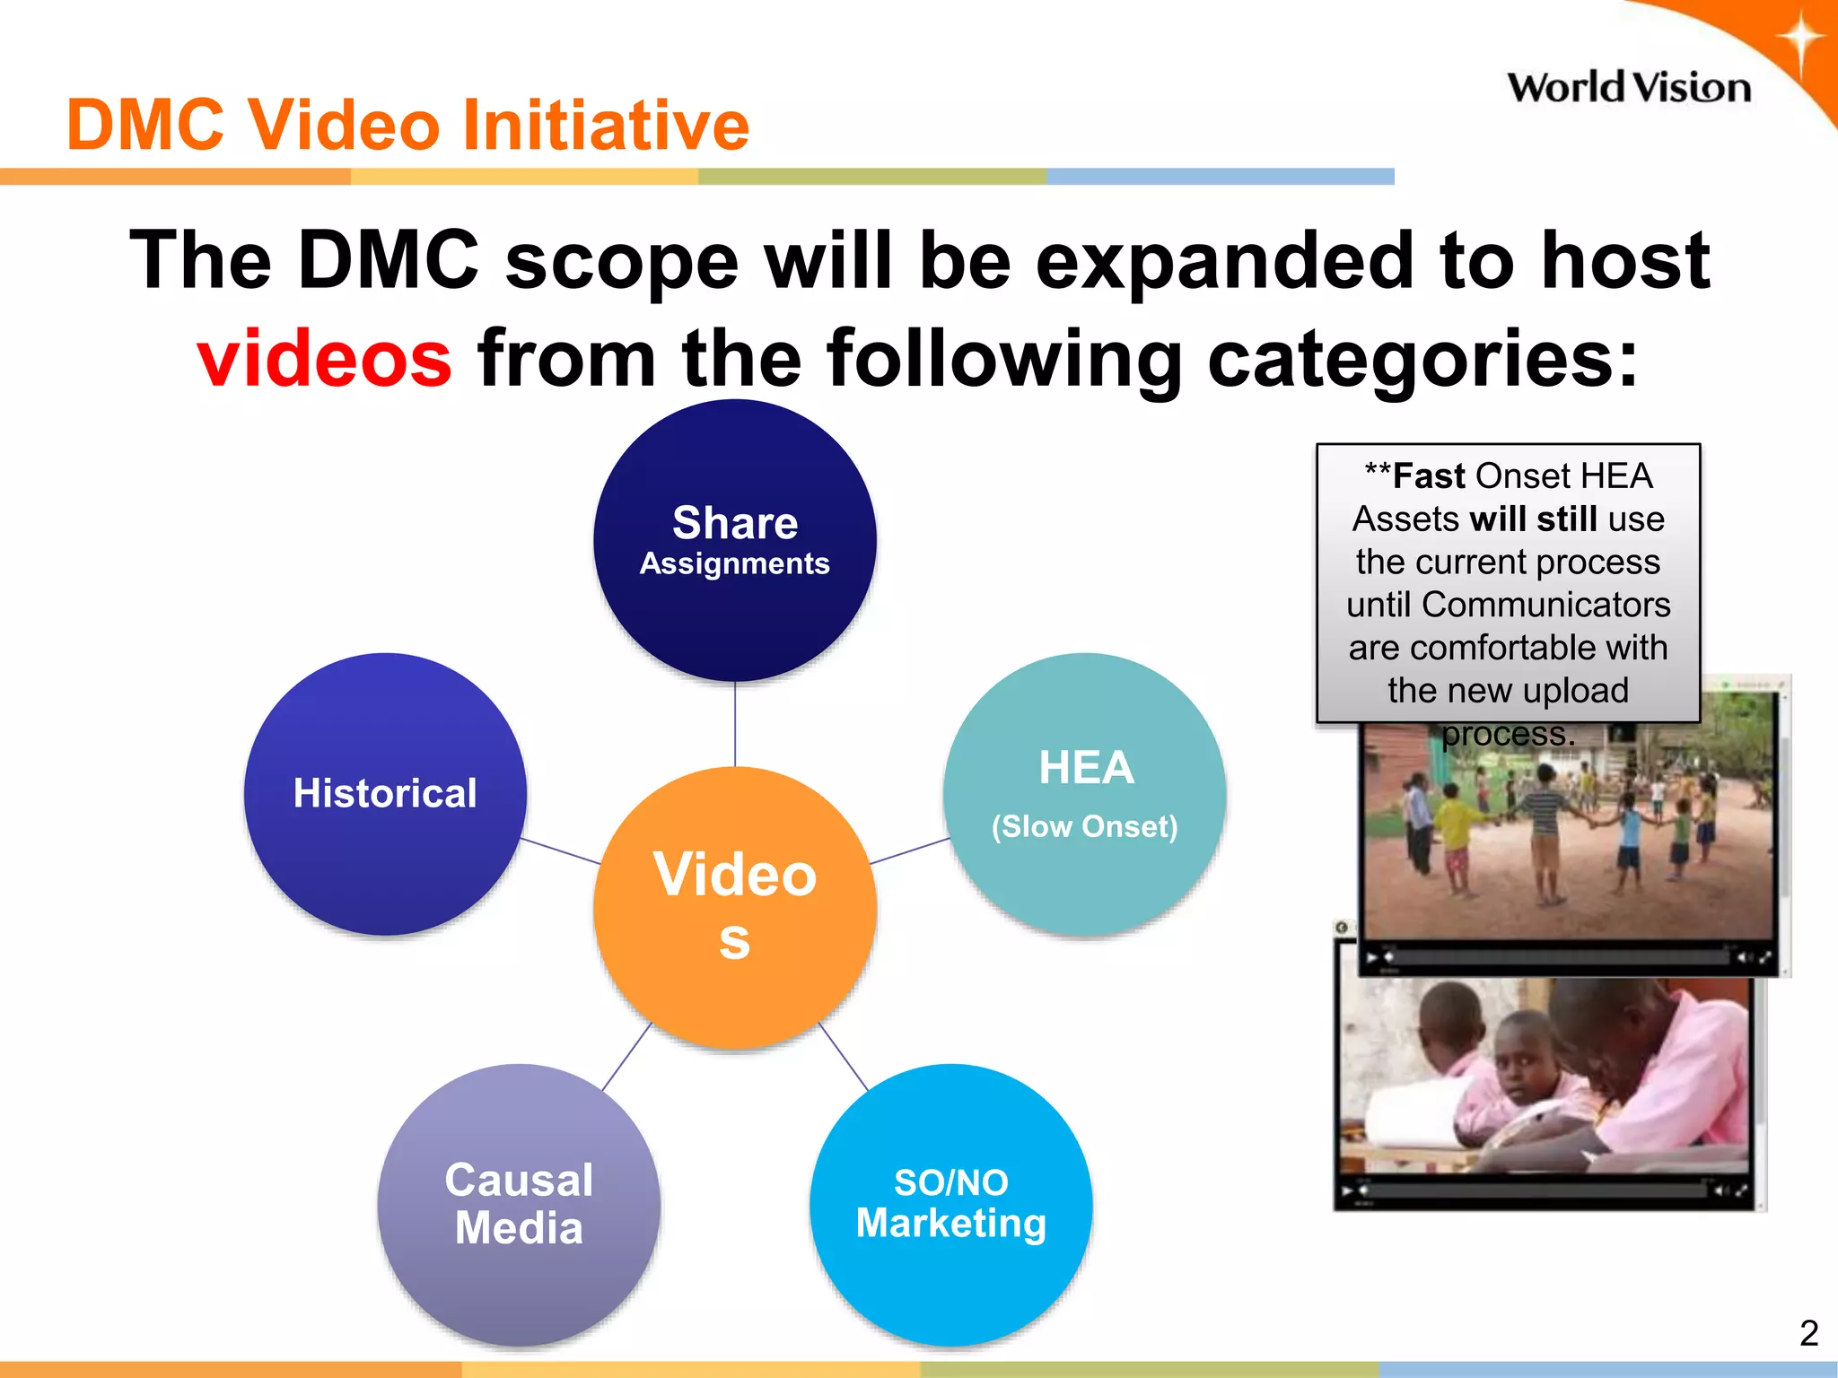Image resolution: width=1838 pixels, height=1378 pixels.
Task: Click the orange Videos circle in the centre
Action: click(735, 906)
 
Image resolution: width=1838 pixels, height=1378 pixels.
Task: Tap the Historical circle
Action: click(385, 794)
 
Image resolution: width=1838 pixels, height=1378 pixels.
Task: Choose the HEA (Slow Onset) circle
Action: click(1084, 794)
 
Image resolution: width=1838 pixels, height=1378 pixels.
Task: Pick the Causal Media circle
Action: click(519, 1204)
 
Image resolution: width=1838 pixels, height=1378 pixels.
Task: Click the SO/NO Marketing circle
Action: click(950, 1204)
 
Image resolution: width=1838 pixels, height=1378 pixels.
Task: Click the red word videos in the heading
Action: click(324, 358)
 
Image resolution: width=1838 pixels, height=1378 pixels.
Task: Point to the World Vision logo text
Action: click(1628, 88)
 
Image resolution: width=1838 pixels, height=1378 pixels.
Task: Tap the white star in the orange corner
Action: click(1799, 40)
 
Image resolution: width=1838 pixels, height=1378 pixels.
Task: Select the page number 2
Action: click(1808, 1333)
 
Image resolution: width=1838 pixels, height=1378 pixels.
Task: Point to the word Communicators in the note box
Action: click(1545, 605)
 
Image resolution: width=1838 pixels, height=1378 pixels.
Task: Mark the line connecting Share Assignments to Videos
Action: click(735, 723)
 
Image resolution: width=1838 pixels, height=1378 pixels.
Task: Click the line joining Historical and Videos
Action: click(560, 850)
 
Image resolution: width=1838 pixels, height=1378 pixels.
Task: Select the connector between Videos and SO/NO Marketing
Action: click(843, 1056)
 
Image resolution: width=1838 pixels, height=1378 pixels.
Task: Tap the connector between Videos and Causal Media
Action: click(626, 1056)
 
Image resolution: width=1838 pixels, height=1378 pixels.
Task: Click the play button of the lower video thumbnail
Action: click(1346, 1191)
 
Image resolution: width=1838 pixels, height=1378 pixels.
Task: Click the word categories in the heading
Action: click(1423, 358)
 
